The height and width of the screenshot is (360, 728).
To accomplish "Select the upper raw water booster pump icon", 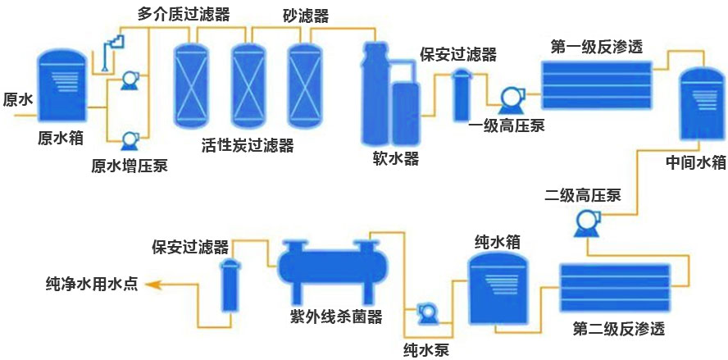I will click(x=129, y=80).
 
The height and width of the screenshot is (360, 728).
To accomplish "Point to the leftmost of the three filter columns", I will click(x=193, y=83).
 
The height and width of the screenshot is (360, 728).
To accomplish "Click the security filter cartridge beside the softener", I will click(x=461, y=96).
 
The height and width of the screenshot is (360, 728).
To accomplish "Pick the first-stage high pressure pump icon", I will click(x=505, y=98).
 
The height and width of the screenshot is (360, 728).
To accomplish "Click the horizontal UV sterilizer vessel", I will click(x=326, y=267).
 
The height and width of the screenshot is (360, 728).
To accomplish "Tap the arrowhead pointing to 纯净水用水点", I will click(x=153, y=285).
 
